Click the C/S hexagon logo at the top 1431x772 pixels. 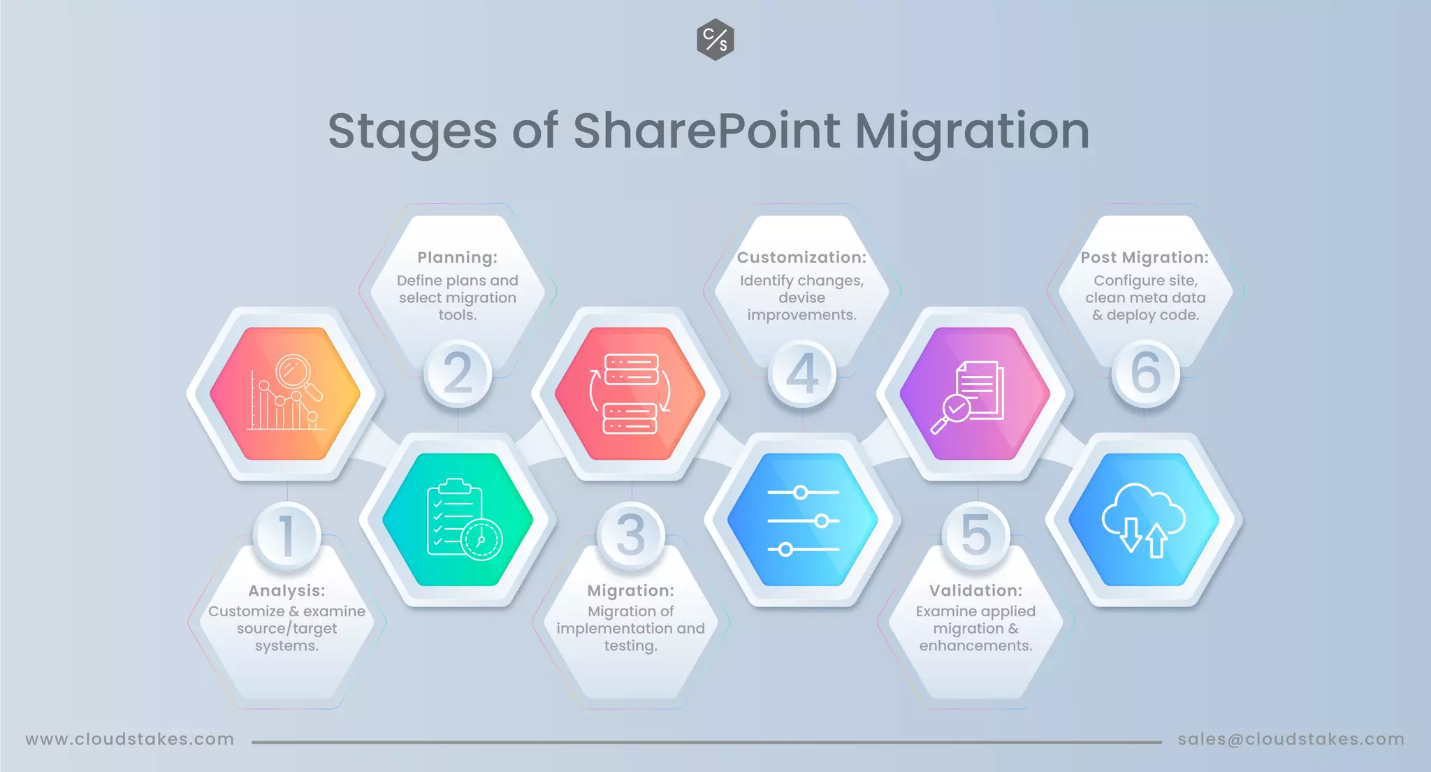[x=715, y=40]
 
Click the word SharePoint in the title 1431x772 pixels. [x=706, y=131]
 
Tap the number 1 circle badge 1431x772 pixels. [x=286, y=535]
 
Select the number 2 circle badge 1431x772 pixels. [x=458, y=373]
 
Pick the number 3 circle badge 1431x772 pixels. [x=630, y=535]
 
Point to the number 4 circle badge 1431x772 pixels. [x=802, y=373]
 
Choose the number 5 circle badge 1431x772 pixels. [x=975, y=535]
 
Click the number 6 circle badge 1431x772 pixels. [x=1145, y=373]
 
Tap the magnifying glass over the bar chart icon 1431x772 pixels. [x=298, y=375]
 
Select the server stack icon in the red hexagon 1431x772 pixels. [x=630, y=393]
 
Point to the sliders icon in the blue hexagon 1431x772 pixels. [x=803, y=520]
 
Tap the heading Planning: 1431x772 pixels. [x=458, y=258]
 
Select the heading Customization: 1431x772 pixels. [x=801, y=258]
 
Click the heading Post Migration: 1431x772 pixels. [x=1145, y=258]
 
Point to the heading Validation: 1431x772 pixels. [x=975, y=591]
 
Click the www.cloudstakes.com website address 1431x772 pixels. [x=130, y=739]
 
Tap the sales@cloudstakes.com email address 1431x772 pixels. [x=1291, y=739]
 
